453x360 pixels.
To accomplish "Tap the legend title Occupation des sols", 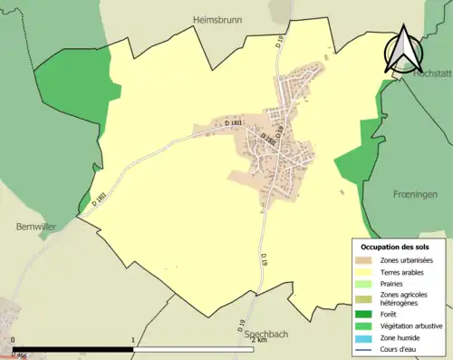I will (x=395, y=247).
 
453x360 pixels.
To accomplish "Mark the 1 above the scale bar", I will (x=134, y=341).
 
